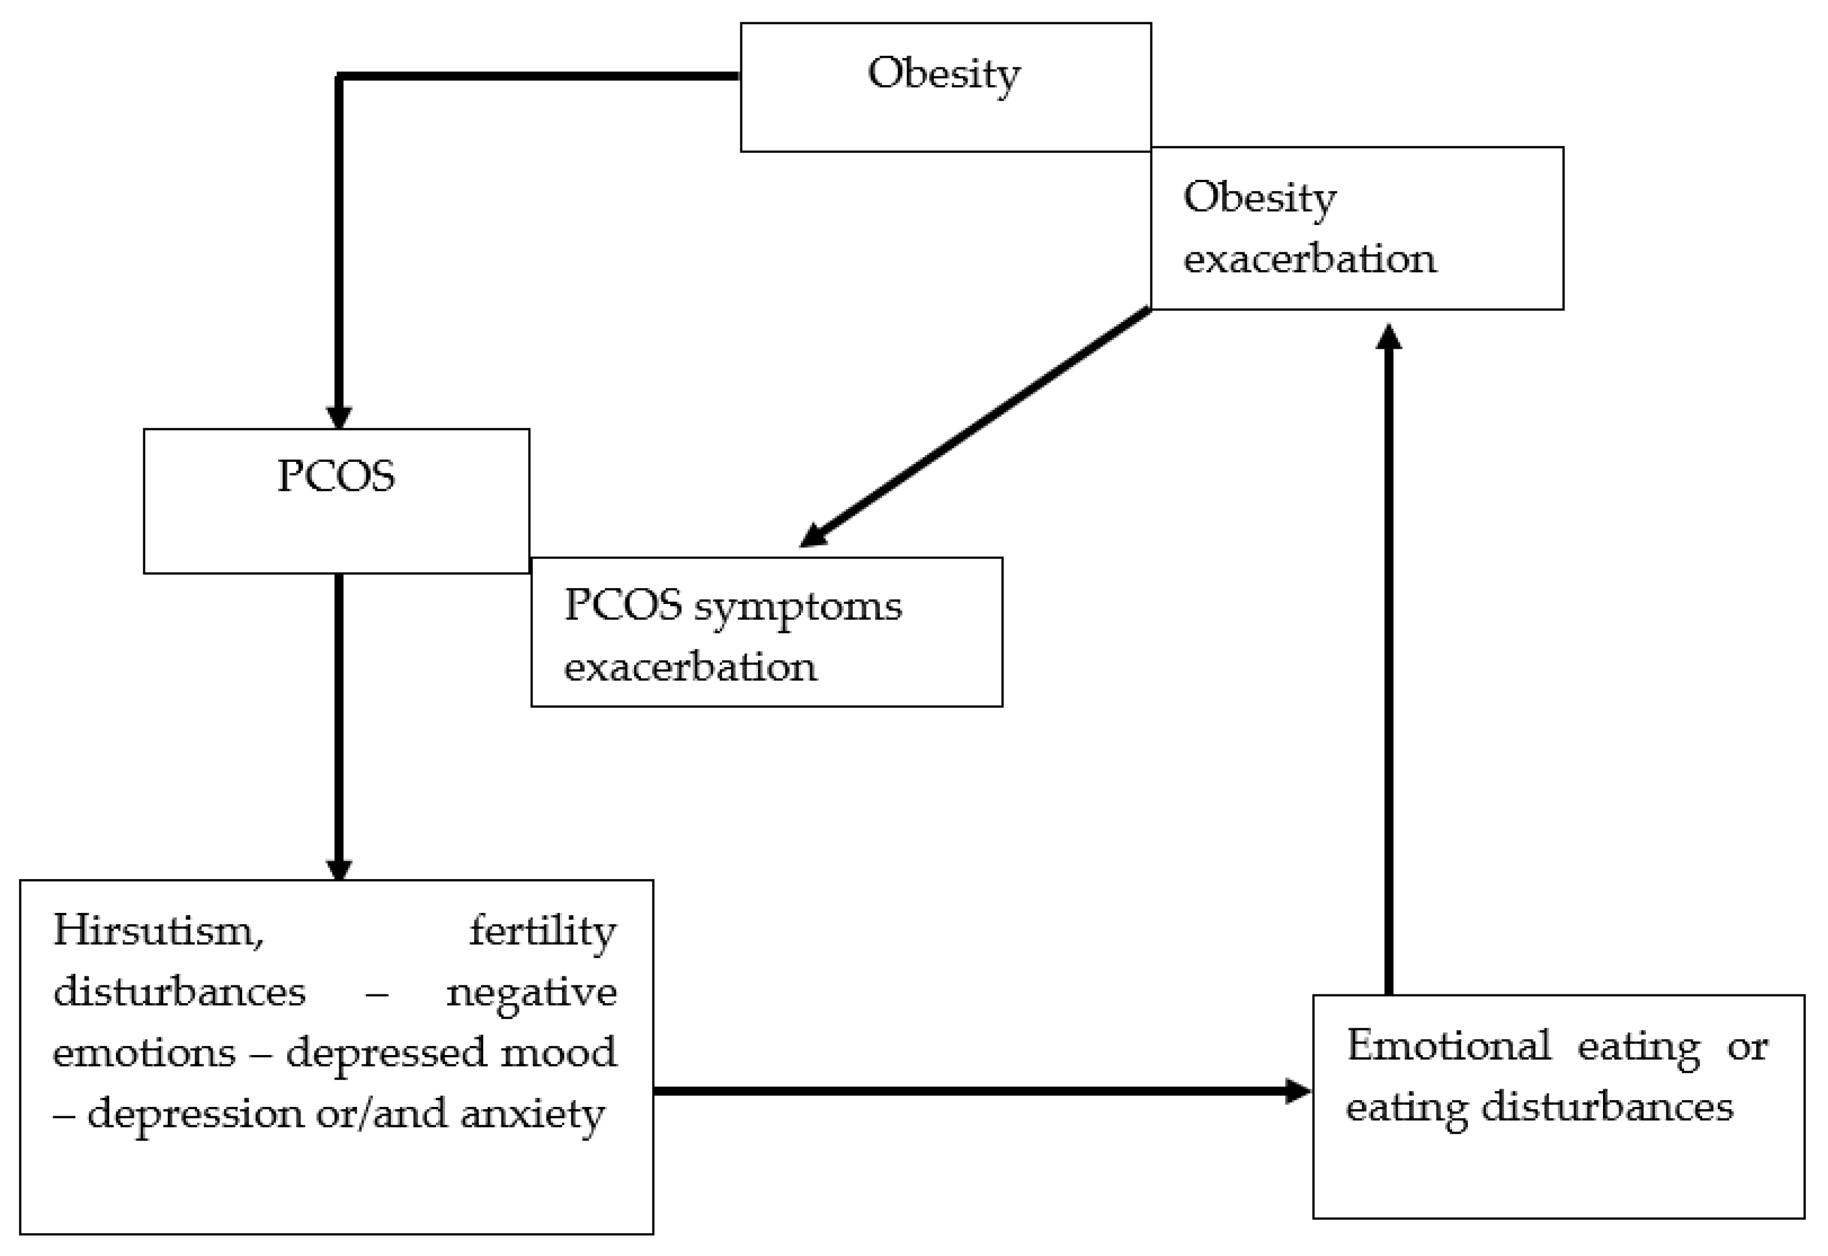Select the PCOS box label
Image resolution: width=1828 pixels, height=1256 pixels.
click(x=336, y=476)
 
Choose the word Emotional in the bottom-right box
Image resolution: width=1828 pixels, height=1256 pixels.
click(x=1449, y=1046)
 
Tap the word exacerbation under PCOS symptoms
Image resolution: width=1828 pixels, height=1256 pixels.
click(x=691, y=667)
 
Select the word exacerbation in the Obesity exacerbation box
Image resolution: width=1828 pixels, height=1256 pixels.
click(x=1309, y=259)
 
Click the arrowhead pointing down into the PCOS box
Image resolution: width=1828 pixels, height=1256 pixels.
click(x=339, y=418)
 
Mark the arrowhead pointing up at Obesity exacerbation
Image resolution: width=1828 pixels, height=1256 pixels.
click(x=1389, y=336)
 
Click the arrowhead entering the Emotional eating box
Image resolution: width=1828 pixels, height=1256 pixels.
click(x=1297, y=1091)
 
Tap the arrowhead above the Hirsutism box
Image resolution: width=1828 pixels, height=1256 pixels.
click(x=339, y=869)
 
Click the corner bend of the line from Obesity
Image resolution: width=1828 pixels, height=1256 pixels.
click(x=339, y=77)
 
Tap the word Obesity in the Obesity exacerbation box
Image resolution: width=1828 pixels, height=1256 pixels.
click(x=1259, y=198)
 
